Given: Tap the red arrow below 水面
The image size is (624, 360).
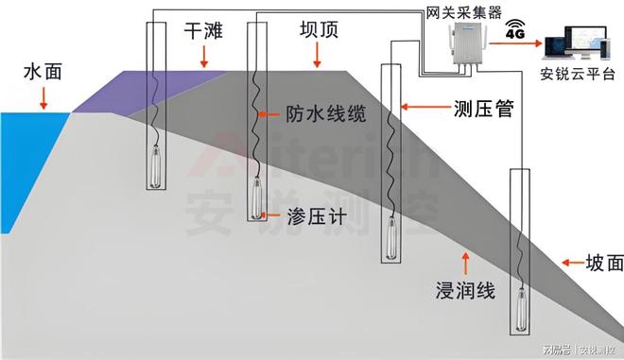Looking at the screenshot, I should click(x=43, y=99).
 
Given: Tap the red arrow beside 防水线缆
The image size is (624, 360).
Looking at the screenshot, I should click(x=273, y=114).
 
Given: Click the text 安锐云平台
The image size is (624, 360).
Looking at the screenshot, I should click(x=581, y=74).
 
